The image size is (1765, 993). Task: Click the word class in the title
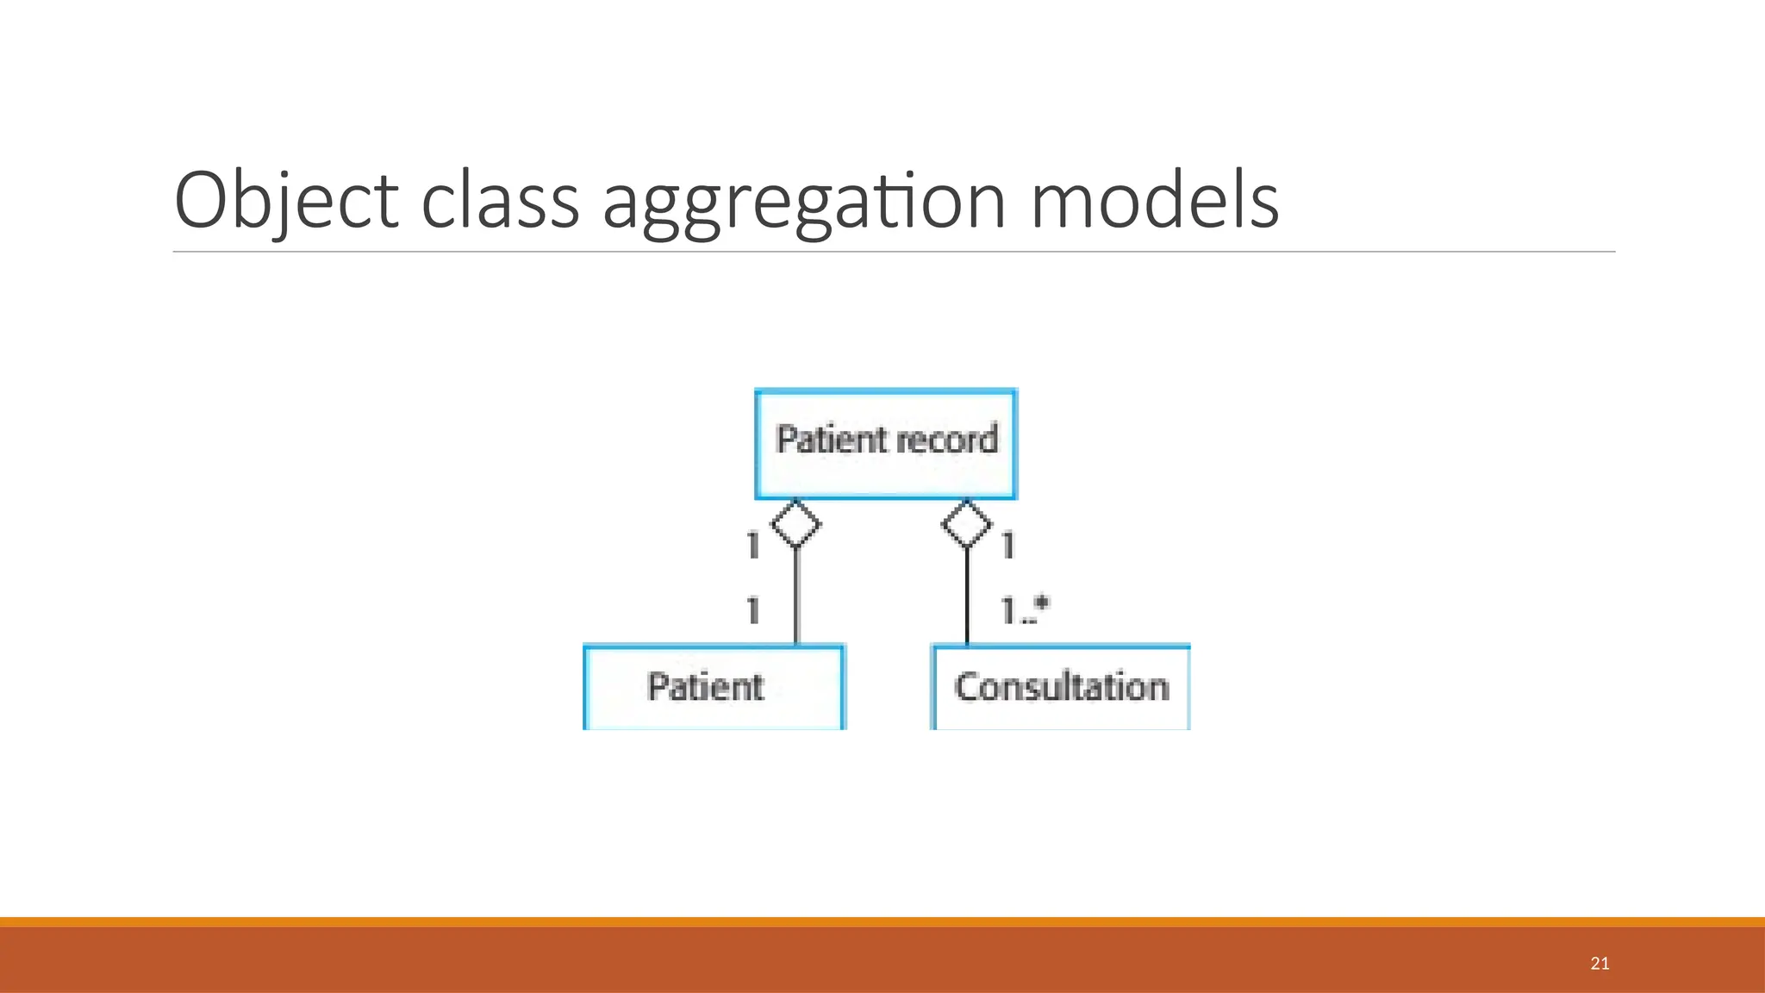[500, 202]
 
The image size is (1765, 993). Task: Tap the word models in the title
[1154, 202]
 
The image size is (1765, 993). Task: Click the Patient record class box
[886, 444]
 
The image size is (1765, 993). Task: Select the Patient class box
[714, 688]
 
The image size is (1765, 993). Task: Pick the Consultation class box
[1061, 688]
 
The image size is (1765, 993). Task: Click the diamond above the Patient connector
[795, 523]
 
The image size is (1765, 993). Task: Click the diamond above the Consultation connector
[967, 523]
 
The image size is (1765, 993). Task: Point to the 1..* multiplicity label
[1025, 610]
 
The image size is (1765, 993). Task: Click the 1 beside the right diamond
[1008, 545]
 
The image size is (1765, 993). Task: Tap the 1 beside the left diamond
[753, 545]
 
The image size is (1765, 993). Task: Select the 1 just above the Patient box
[753, 610]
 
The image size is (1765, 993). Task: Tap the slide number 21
[1600, 964]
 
